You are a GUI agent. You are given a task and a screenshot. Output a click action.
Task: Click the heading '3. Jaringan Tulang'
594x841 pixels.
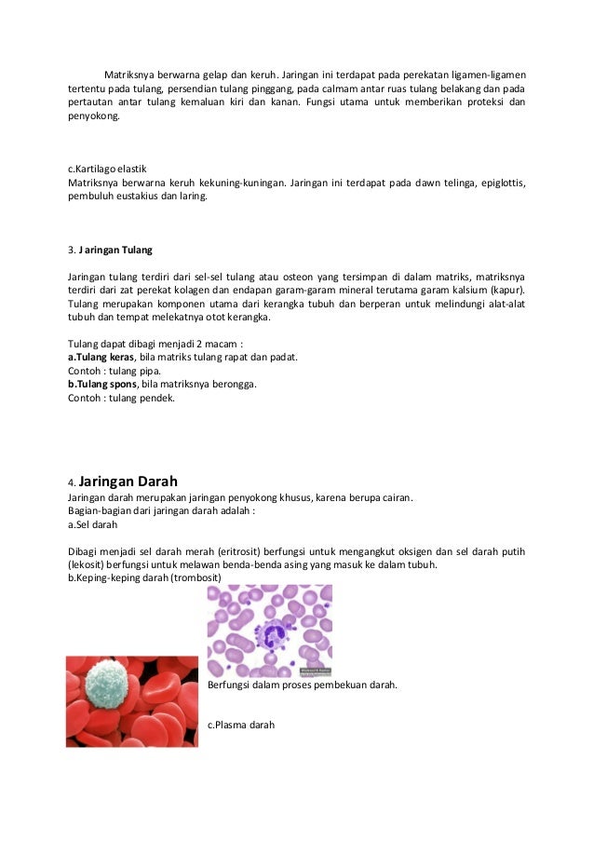tap(110, 251)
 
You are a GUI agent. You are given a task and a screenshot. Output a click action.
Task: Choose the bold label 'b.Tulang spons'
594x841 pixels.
tap(103, 384)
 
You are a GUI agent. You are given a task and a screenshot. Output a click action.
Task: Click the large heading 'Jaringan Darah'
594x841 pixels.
tap(128, 482)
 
